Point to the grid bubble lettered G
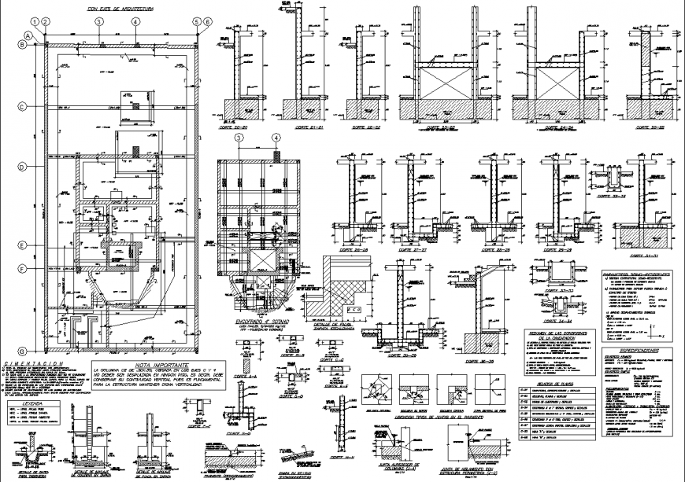click(24, 351)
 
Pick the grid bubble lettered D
click(24, 166)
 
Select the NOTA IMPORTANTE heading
click(160, 366)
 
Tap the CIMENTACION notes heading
click(32, 363)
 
